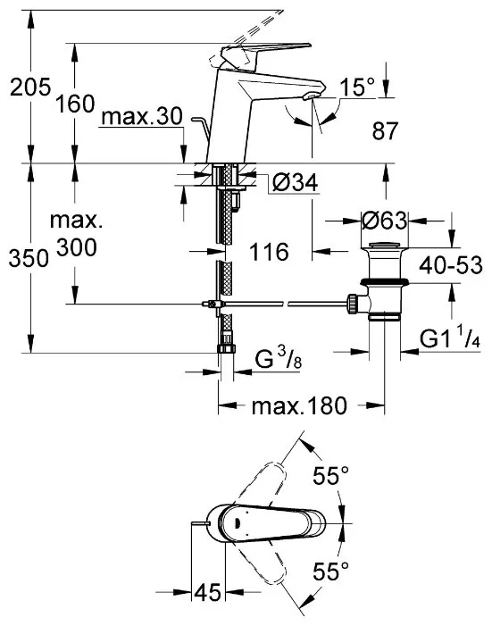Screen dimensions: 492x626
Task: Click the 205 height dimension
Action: click(x=30, y=87)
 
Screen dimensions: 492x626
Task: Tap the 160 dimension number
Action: click(x=75, y=104)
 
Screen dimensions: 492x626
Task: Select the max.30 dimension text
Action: click(x=142, y=117)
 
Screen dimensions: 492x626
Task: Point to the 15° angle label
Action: click(x=357, y=87)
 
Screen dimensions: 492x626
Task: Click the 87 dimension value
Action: click(x=386, y=131)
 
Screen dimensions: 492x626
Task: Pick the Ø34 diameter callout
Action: click(x=296, y=183)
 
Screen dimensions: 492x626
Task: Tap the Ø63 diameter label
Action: click(x=384, y=221)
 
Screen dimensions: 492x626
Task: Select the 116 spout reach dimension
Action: click(x=269, y=252)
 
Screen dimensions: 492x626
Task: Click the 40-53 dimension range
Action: click(x=450, y=265)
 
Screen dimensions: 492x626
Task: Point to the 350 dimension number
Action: click(x=29, y=258)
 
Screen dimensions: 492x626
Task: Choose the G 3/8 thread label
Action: click(x=279, y=358)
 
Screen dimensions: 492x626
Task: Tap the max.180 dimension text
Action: click(x=299, y=406)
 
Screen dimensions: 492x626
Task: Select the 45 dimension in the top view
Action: click(x=208, y=592)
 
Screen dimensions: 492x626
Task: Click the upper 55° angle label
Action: click(x=330, y=475)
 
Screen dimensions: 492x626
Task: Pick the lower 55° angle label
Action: click(x=330, y=571)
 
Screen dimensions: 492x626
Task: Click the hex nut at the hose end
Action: click(x=226, y=347)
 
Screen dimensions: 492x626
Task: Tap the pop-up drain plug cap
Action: click(x=384, y=246)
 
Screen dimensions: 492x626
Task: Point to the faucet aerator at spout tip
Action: click(x=311, y=96)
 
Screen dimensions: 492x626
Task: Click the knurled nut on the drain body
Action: click(x=352, y=305)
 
